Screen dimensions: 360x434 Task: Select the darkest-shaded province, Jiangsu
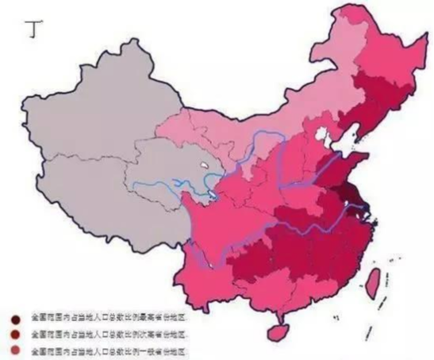[348, 194]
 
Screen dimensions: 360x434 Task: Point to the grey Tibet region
[95, 198]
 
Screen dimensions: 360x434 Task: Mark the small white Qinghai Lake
[204, 169]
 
